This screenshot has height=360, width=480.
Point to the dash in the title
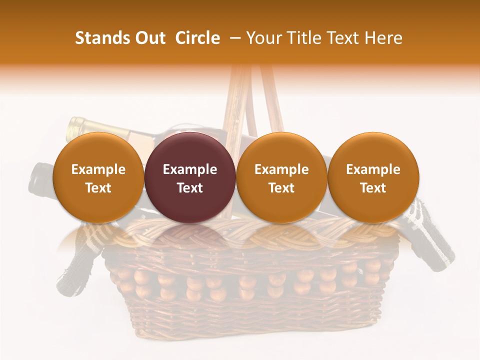point(233,38)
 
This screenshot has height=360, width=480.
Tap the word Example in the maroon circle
point(189,169)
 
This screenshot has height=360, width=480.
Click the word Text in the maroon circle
point(189,187)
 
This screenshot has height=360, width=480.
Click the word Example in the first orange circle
point(98,169)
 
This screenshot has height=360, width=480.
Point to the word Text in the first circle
point(98,187)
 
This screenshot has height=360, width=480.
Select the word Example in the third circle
point(281,169)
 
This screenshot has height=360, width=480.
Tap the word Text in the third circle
point(281,187)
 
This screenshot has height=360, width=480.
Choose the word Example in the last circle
point(373,169)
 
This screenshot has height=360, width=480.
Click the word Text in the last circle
point(373,187)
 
